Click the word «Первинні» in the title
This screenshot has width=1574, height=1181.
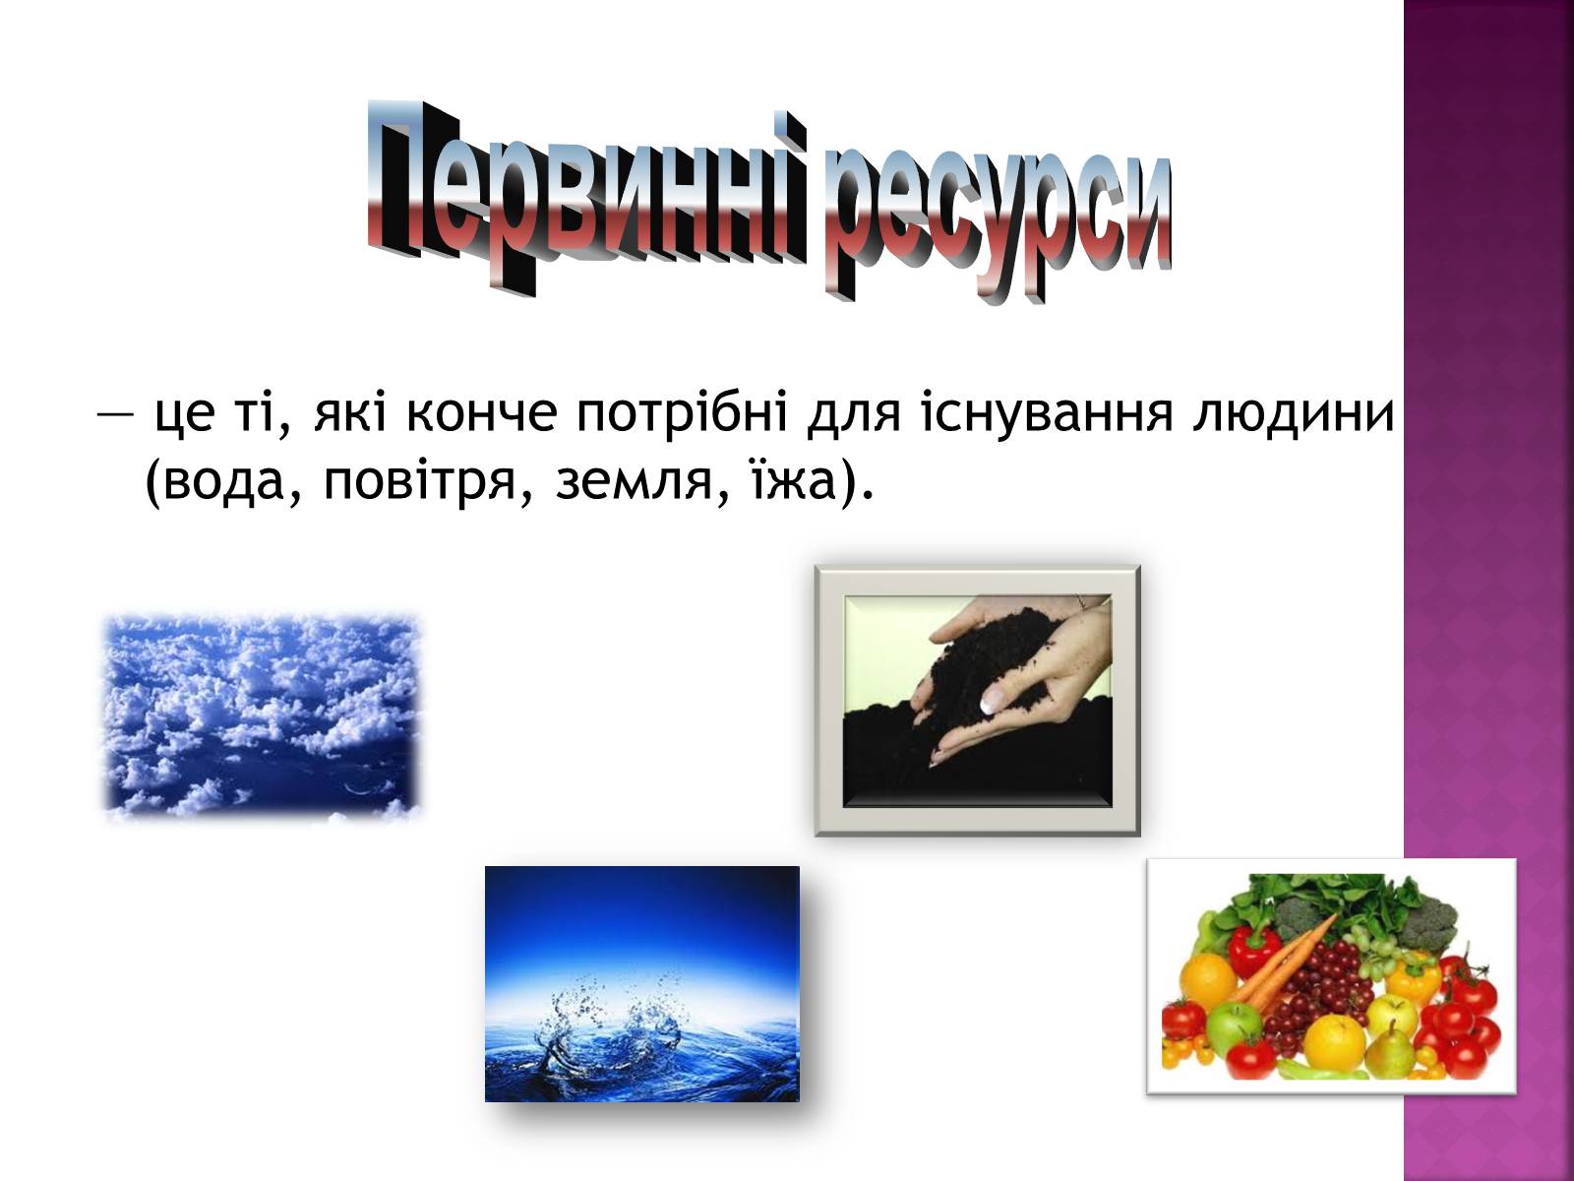click(x=586, y=197)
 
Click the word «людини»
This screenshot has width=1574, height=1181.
click(x=1294, y=415)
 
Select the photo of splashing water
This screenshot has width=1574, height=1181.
click(x=641, y=984)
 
